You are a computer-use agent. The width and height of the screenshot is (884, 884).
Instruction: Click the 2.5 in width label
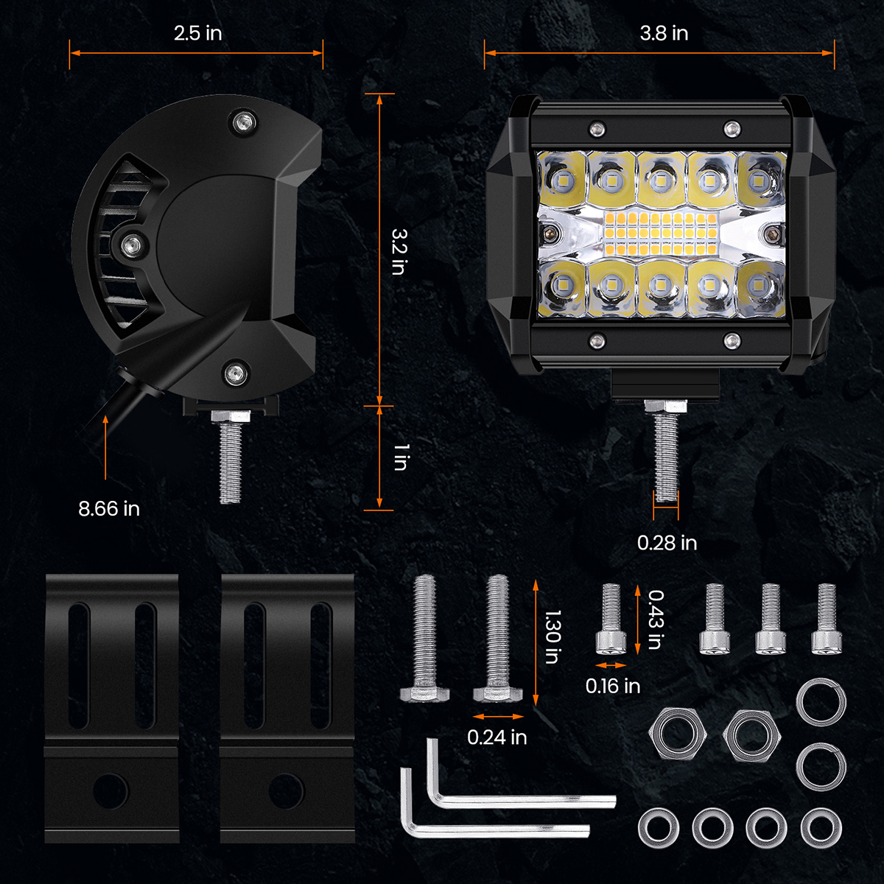coord(197,33)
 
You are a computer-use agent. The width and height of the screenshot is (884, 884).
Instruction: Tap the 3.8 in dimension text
coord(663,33)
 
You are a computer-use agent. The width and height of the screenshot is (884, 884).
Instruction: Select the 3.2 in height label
coord(399,251)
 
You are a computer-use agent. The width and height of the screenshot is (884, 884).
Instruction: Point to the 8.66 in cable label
coord(109,508)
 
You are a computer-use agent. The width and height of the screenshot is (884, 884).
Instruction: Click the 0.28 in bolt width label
coord(667,543)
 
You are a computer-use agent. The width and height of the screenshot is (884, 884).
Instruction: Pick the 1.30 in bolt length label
coord(552,636)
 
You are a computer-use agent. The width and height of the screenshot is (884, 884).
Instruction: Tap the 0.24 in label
coord(497,737)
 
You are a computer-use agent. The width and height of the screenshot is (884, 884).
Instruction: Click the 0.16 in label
coord(612,686)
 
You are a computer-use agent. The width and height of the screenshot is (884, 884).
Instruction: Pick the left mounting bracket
coord(112,707)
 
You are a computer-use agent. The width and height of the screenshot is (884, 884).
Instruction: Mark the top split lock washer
coord(821,702)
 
